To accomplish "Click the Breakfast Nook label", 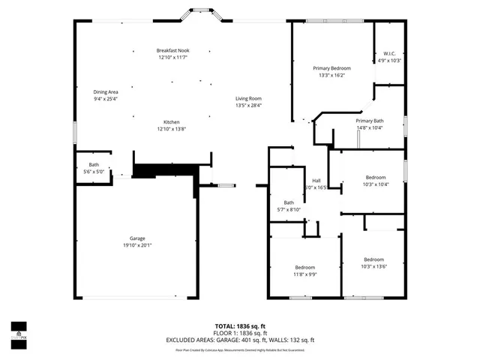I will [172, 50].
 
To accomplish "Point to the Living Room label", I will [248, 98].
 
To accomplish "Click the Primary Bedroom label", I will [331, 67].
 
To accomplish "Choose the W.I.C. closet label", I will [389, 53].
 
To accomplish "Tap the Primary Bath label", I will [370, 121].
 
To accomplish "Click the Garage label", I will [137, 238].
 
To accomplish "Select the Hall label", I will [316, 181].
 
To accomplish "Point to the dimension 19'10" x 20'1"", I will [137, 245].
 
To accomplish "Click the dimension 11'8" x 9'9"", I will [304, 274].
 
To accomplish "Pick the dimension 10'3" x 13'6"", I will [373, 266].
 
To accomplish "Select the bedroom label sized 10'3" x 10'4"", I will [375, 177].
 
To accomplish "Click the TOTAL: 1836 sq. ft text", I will [240, 326].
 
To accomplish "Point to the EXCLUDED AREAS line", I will [240, 340].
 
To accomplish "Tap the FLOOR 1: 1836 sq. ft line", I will [240, 333].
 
